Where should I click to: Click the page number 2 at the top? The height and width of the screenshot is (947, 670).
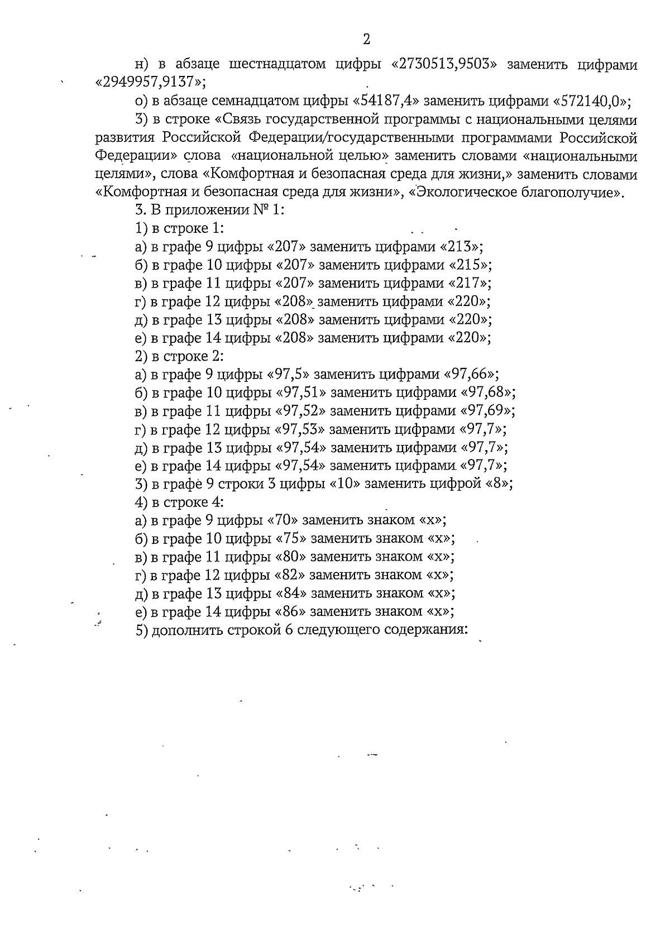pyautogui.click(x=366, y=39)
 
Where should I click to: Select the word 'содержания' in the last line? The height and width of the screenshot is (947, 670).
pyautogui.click(x=428, y=629)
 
